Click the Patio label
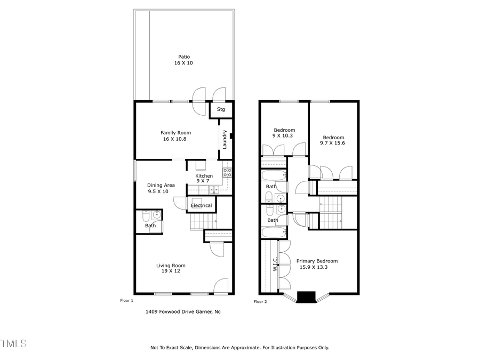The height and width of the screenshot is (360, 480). (183, 57)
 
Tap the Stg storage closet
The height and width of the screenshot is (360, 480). (221, 110)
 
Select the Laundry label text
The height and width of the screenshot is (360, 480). (225, 139)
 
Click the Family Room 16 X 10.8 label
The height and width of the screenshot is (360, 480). (176, 136)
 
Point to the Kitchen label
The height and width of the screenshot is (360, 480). (204, 176)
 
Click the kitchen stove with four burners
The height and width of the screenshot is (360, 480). (227, 172)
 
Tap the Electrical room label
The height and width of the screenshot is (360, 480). (201, 205)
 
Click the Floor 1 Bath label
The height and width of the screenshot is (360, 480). (150, 226)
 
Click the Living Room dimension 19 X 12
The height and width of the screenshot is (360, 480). (171, 271)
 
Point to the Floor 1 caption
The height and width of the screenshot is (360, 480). (127, 301)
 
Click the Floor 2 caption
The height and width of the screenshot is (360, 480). (260, 302)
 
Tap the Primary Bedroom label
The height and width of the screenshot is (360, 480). (317, 261)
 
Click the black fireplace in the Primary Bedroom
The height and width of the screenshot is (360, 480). (306, 297)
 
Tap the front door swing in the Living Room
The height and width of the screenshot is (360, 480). (221, 286)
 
